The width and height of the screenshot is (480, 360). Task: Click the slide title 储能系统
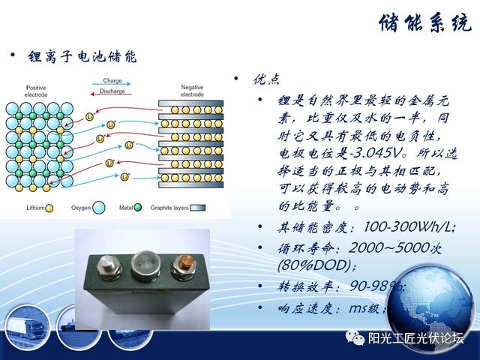coord(425,22)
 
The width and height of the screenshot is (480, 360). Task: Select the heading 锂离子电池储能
coord(82,56)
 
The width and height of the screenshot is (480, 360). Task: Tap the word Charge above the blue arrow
coord(112,80)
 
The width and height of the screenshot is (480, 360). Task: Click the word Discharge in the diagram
coord(112,91)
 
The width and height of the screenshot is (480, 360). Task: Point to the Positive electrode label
coord(36,91)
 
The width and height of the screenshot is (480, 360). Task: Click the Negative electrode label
coord(192,91)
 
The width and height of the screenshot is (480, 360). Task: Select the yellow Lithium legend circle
coord(49,208)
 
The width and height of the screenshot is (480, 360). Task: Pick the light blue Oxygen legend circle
coord(98,208)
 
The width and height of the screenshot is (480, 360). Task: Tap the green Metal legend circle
coord(138,207)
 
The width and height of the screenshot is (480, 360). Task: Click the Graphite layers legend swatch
coord(198,208)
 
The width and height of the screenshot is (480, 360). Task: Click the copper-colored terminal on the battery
coord(181,266)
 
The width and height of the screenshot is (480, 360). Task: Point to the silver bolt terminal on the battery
coord(109,266)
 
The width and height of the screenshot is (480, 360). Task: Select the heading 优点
coord(266,79)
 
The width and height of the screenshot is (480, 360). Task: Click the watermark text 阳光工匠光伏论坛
coord(415,338)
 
